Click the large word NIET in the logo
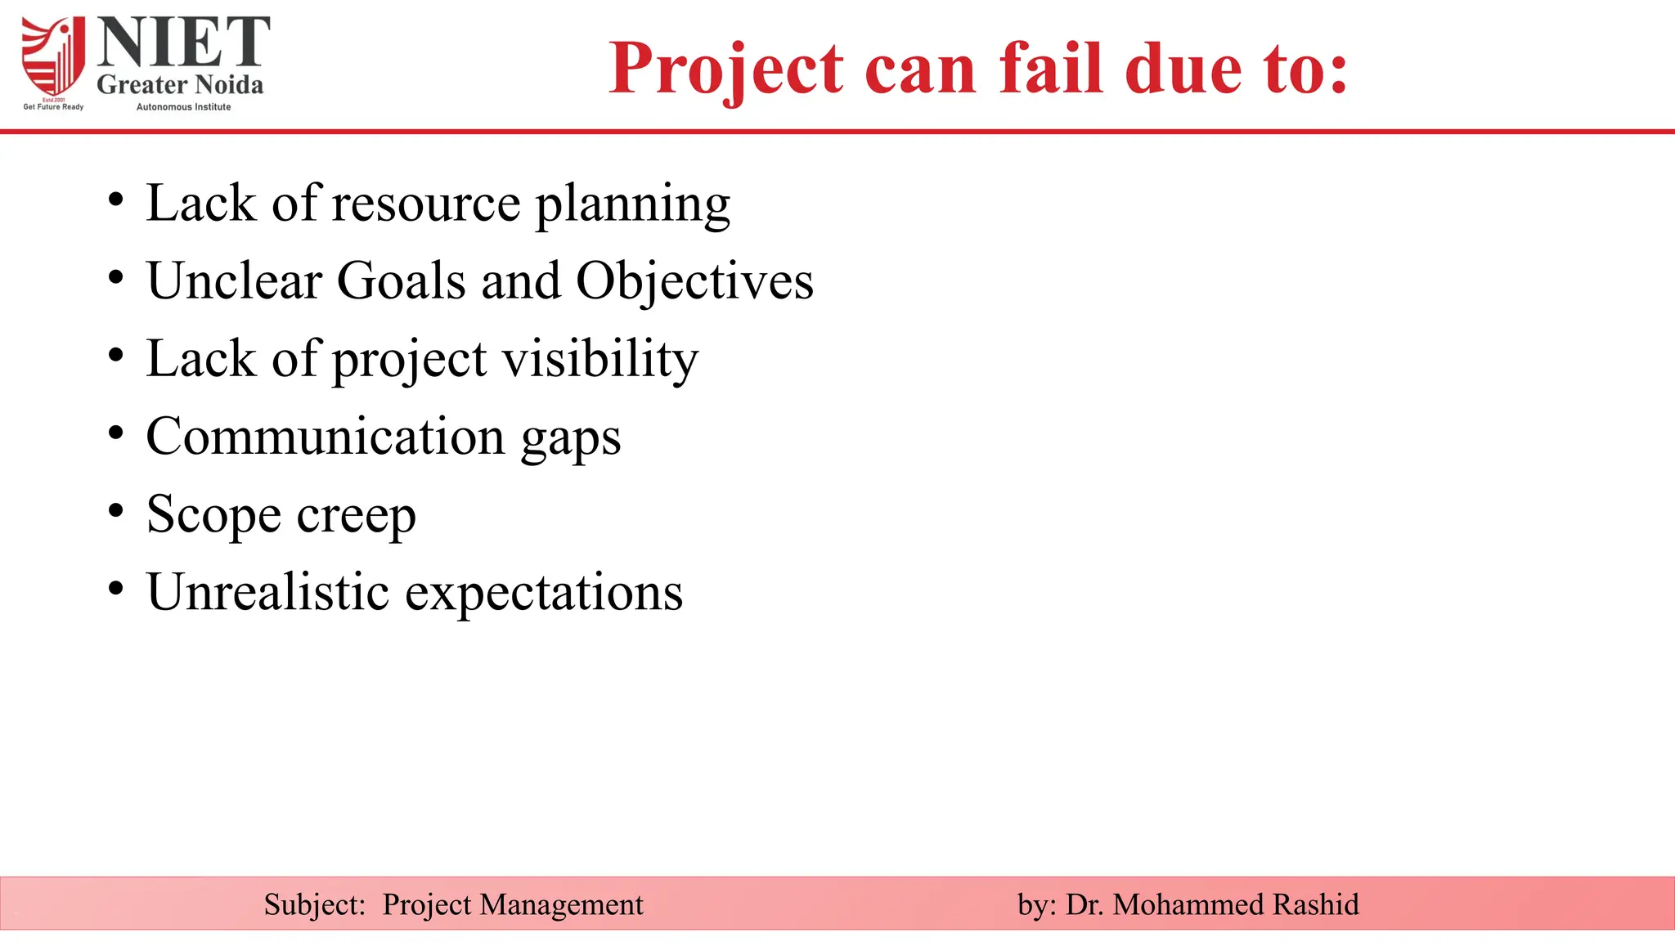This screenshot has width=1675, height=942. (183, 43)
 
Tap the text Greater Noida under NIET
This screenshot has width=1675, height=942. (180, 85)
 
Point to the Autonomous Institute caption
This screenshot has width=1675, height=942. (183, 107)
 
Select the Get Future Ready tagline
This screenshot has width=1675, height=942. (53, 107)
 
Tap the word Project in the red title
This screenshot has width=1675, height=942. (726, 69)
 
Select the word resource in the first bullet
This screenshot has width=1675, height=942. (425, 204)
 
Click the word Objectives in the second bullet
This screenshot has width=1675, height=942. (694, 282)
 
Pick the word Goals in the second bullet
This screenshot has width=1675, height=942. (402, 282)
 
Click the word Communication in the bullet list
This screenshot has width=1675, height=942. (326, 437)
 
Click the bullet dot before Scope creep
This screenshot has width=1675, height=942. (116, 510)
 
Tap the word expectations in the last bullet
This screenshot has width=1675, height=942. (544, 594)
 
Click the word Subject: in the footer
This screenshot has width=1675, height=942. (314, 905)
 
